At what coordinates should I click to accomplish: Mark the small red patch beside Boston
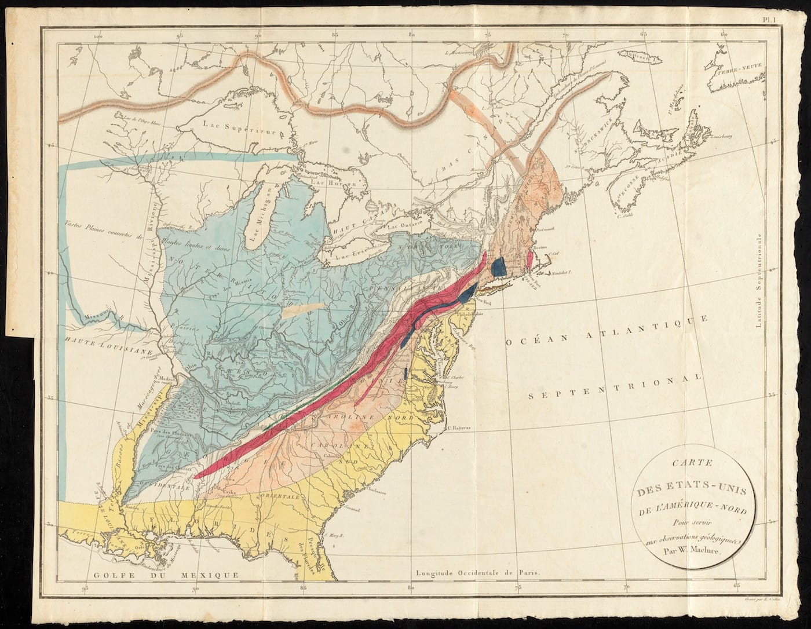(x=529, y=257)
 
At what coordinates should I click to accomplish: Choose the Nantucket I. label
(x=561, y=272)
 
